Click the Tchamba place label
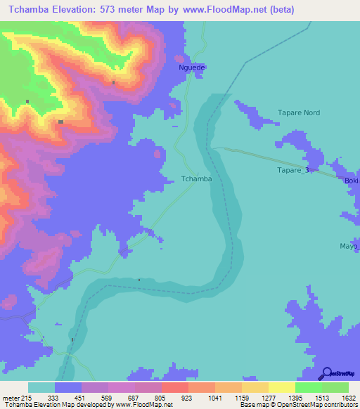[196, 179]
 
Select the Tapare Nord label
[299, 112]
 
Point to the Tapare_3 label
[292, 171]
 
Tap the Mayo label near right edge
[349, 247]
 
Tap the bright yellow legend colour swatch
[281, 387]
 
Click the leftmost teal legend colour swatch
[41, 387]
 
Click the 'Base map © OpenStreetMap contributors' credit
[298, 405]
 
